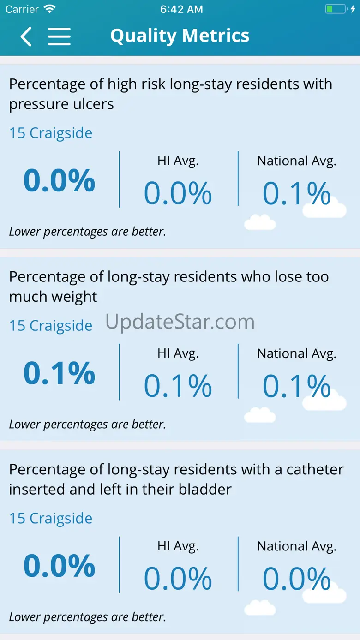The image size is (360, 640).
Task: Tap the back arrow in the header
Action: pyautogui.click(x=26, y=36)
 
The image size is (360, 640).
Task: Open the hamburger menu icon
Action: pyautogui.click(x=59, y=36)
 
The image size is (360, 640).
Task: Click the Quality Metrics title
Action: pyautogui.click(x=180, y=36)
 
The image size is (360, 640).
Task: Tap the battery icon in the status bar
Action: pyautogui.click(x=336, y=9)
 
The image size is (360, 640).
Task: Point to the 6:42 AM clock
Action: pyautogui.click(x=181, y=9)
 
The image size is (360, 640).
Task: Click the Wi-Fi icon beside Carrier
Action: pyautogui.click(x=49, y=9)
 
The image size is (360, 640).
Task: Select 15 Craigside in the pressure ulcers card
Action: pyautogui.click(x=51, y=133)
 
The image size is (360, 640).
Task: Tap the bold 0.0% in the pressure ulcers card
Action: pyautogui.click(x=59, y=180)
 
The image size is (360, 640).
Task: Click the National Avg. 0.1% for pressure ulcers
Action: pyautogui.click(x=296, y=193)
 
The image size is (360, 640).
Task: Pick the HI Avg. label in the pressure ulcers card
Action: pyautogui.click(x=178, y=161)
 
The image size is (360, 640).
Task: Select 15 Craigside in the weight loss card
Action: pyautogui.click(x=51, y=326)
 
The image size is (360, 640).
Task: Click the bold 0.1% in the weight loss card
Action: pyautogui.click(x=59, y=373)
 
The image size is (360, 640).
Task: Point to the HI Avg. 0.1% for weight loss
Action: pyautogui.click(x=178, y=386)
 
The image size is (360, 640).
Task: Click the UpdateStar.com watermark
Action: pyautogui.click(x=180, y=322)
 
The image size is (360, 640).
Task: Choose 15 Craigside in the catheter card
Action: pyautogui.click(x=51, y=518)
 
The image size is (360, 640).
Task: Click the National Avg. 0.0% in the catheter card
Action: pyautogui.click(x=296, y=579)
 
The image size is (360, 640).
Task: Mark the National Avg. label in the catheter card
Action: pyautogui.click(x=296, y=546)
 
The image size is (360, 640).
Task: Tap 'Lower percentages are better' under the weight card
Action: pyautogui.click(x=87, y=424)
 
